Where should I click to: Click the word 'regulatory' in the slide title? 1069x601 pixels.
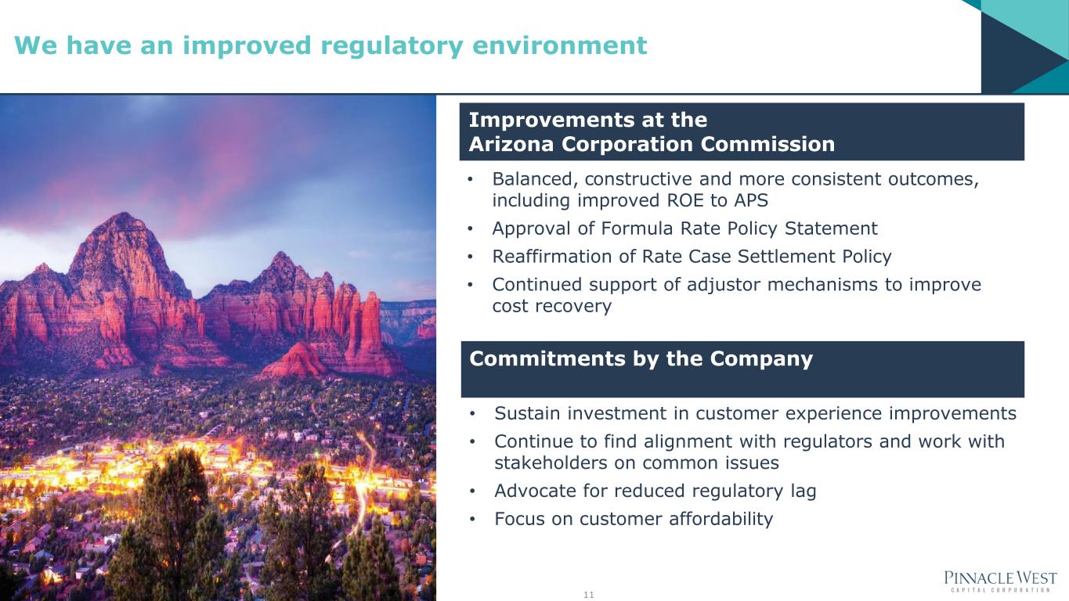392,46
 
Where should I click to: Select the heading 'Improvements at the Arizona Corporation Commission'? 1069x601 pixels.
652,131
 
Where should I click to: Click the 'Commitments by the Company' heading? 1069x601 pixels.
641,358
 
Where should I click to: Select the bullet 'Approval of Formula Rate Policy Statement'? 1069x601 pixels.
684,229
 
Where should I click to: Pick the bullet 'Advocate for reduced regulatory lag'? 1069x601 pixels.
655,491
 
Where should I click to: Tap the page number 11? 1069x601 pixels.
588,595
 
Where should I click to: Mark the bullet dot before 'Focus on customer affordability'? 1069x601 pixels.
472,519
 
